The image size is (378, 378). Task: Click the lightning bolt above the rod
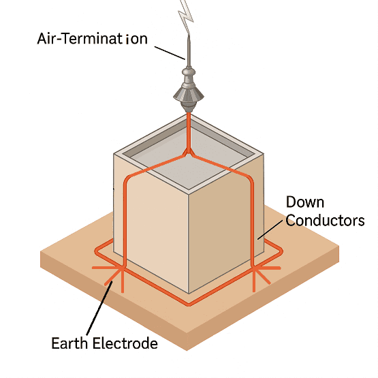[x=186, y=17]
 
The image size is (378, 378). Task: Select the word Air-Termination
[x=93, y=39]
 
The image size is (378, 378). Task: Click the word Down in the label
[x=305, y=202]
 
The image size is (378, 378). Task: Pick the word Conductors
[x=325, y=221]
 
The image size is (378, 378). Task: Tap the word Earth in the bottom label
[x=69, y=343]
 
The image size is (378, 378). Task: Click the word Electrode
[x=125, y=343]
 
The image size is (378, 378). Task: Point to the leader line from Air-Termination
[x=170, y=53]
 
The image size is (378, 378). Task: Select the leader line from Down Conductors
[x=270, y=230]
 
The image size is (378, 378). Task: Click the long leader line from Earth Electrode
[x=99, y=308]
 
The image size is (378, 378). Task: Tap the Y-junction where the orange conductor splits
[x=189, y=153]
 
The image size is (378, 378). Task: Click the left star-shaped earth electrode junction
[x=123, y=268]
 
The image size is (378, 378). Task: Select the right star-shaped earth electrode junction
[x=253, y=268]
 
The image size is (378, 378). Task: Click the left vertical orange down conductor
[x=125, y=223]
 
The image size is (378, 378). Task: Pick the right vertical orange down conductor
[x=253, y=223]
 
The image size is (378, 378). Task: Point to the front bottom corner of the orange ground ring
[x=189, y=304]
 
